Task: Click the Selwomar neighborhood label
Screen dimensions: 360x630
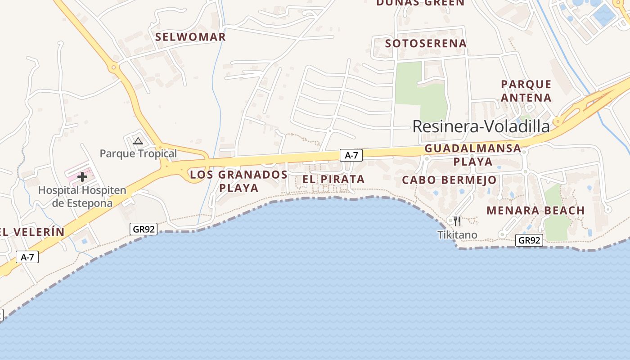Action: coord(190,37)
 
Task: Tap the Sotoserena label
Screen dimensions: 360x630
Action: coord(426,44)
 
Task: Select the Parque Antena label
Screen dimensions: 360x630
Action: coord(526,91)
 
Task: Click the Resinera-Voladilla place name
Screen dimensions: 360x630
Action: coord(481,126)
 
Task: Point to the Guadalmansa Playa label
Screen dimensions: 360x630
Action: coord(472,154)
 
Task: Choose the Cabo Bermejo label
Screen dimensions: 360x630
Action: coord(449,180)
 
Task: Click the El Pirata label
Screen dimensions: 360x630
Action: coord(333,179)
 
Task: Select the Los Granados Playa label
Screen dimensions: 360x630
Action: coord(238,181)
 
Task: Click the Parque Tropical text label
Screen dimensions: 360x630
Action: coord(138,153)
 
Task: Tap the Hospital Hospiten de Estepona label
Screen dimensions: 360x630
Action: coord(82,196)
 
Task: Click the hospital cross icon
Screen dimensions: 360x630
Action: coord(82,177)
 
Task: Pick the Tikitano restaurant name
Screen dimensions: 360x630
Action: coord(457,234)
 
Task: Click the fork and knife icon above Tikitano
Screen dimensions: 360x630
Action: coord(457,221)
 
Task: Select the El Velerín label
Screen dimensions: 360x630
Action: coord(31,232)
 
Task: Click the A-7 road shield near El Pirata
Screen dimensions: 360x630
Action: coord(351,155)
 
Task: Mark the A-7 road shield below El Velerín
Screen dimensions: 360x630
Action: coord(27,257)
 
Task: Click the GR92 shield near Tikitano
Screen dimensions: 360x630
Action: coord(529,240)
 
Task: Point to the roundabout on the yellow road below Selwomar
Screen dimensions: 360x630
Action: coord(113,68)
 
